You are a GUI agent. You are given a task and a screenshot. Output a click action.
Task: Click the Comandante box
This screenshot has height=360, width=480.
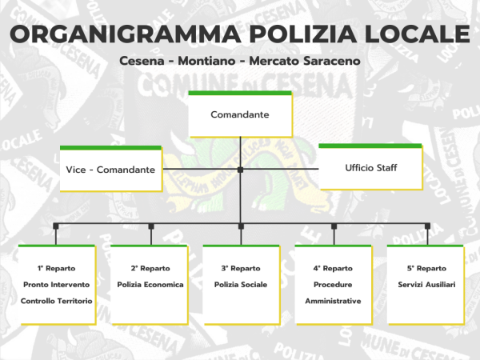pos(240,114)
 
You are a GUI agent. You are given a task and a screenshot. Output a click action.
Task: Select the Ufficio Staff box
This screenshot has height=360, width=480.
pos(370,167)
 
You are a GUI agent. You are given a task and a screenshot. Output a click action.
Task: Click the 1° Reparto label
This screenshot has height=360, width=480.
pos(55,268)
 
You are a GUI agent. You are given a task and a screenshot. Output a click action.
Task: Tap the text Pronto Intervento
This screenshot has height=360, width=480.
pos(55,285)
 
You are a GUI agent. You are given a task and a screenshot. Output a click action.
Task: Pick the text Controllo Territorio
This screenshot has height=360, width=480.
pos(55,301)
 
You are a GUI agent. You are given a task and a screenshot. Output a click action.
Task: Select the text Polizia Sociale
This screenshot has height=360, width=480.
pos(241,285)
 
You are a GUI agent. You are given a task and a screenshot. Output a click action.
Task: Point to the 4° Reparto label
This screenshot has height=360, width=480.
pos(334,268)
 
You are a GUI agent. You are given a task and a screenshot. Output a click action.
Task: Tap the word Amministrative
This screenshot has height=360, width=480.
pos(334,301)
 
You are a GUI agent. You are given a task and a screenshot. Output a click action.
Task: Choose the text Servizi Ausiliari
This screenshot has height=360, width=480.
pos(426,285)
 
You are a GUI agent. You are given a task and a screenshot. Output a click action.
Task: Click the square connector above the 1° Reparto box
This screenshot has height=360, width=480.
pos(55,226)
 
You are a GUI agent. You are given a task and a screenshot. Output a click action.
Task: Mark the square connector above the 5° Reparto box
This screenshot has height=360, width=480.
pos(426,226)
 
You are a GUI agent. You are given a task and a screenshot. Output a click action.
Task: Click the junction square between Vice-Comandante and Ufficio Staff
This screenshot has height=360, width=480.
pos(240,170)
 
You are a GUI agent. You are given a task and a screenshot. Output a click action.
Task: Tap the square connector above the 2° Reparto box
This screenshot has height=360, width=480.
pos(148,226)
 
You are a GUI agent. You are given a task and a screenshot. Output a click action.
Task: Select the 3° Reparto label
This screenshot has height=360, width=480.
pos(241,268)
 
